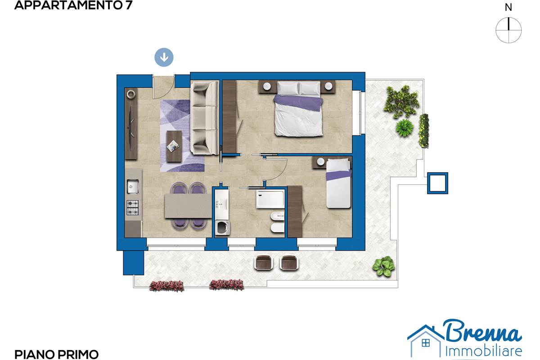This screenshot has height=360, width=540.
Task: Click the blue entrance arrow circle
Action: coord(164,58)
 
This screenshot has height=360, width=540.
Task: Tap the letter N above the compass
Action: coord(508,8)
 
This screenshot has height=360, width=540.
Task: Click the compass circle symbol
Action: coord(508,31)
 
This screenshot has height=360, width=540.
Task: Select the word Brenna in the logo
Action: coord(483,331)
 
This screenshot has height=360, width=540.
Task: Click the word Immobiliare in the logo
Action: coord(484,351)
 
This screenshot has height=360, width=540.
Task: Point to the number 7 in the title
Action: coord(129,5)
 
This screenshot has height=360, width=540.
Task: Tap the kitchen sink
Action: coord(133,186)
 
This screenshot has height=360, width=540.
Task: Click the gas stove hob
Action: coord(133,207)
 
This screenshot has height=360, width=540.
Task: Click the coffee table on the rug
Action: coord(174,146)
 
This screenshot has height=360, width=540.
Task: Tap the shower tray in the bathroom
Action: coord(270,199)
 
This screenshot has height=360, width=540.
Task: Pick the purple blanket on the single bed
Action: coord(338,175)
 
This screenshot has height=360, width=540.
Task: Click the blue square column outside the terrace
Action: coord(437,183)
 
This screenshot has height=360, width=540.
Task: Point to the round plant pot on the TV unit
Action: coord(131,94)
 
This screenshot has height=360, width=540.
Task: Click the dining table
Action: coord(188,206)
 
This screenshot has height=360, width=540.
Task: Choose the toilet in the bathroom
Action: coord(278,228)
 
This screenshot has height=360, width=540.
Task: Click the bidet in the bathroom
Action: coord(278,216)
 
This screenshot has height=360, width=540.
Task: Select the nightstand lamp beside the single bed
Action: coord(320,162)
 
